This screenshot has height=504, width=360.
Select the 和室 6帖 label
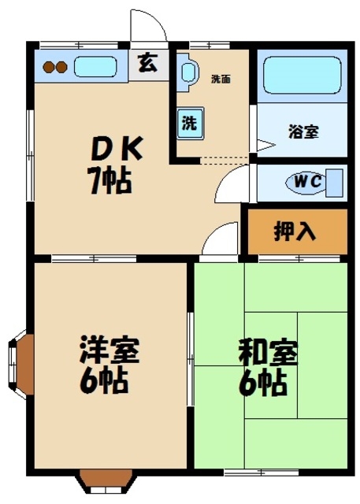tap(269, 367)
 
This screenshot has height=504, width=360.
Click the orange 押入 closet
tap(297, 232)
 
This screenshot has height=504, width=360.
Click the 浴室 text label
tap(304, 132)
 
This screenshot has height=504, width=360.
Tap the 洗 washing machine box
tap(191, 123)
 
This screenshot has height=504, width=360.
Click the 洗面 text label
tap(221, 79)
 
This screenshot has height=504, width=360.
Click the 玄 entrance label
tap(147, 64)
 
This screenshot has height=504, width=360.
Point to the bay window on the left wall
tap(21, 362)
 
